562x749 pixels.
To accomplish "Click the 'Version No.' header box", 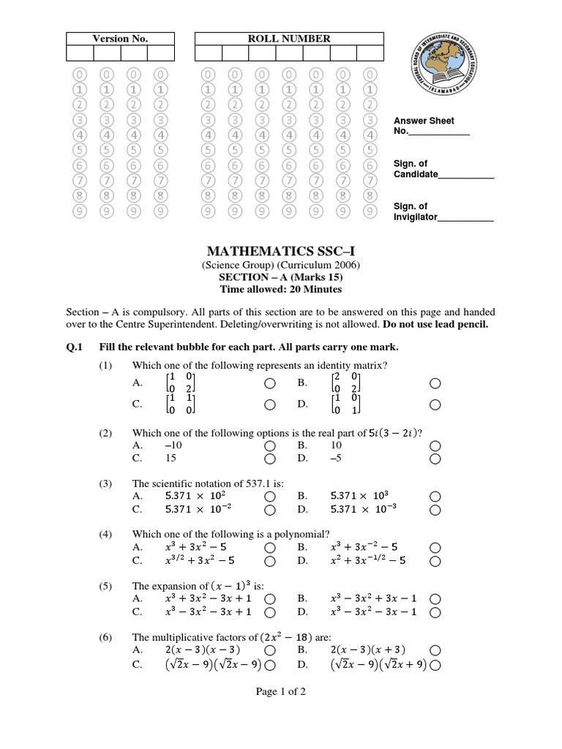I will tap(120, 39).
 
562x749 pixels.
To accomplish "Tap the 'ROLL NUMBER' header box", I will tap(289, 39).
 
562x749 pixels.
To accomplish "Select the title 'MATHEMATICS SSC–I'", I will tap(281, 252).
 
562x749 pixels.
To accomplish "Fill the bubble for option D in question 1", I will tap(435, 404).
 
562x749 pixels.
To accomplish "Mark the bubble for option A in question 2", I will tap(270, 445).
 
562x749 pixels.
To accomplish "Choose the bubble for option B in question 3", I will tap(435, 496).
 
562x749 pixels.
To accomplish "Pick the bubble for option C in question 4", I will tap(270, 561).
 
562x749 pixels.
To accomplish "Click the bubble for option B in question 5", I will tap(435, 598).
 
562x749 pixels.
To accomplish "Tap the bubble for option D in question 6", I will tap(435, 665).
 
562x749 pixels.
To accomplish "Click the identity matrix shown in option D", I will tap(346, 404).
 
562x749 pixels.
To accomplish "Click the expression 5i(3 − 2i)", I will tap(393, 432).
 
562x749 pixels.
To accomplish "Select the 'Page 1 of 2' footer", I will tap(281, 693).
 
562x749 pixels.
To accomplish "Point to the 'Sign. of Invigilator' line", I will tap(443, 211).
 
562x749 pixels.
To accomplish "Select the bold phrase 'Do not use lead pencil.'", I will tap(440, 323).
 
